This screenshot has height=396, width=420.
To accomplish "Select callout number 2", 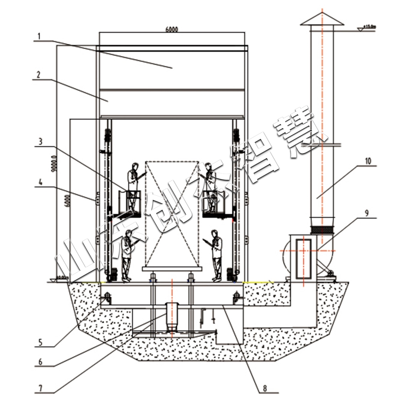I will pyautogui.click(x=38, y=75).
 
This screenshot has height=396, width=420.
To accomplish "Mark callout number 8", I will pyautogui.click(x=265, y=388).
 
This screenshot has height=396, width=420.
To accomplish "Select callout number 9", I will pyautogui.click(x=367, y=213).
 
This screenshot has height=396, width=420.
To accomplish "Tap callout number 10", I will pyautogui.click(x=368, y=161).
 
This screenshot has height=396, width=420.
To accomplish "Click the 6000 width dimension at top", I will pyautogui.click(x=172, y=29).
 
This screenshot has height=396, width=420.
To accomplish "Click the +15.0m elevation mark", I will pyautogui.click(x=369, y=27).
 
